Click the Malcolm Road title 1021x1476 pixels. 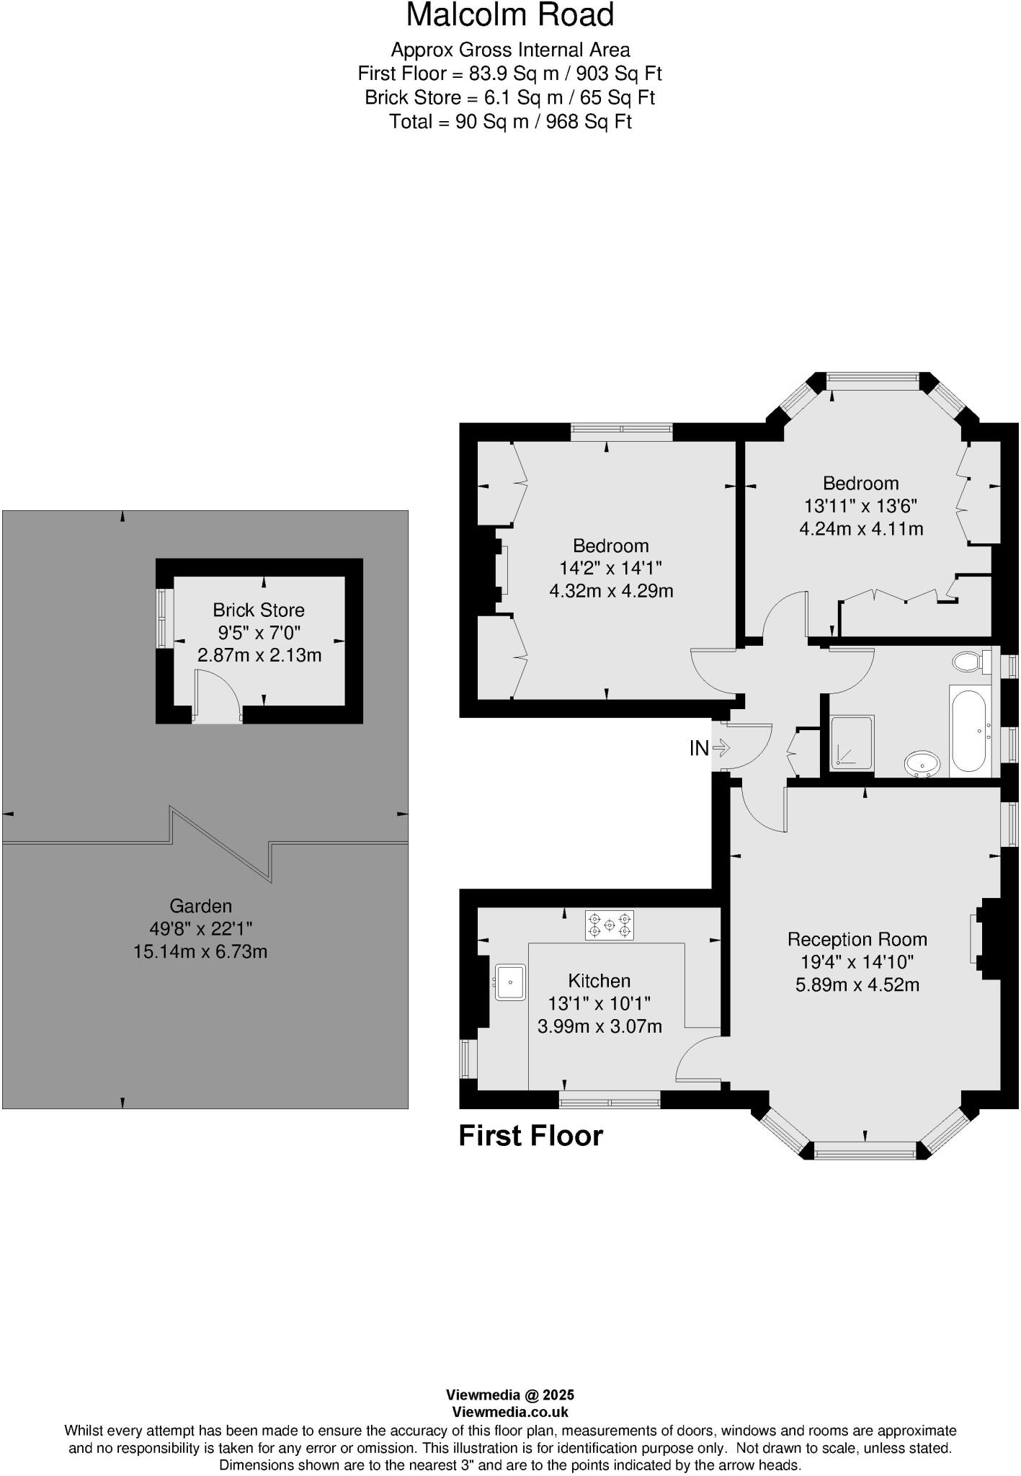[x=510, y=16]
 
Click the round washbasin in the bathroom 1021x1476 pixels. [x=922, y=763]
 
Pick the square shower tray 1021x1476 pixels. [x=852, y=742]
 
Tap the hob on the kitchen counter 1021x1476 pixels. [x=610, y=925]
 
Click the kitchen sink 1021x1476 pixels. [x=510, y=982]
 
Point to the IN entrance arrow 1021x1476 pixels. [x=721, y=749]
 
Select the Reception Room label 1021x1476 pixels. [x=857, y=939]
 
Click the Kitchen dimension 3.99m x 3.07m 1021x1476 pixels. [x=599, y=1026]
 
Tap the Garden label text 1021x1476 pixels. [x=200, y=906]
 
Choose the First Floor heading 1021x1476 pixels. [x=530, y=1136]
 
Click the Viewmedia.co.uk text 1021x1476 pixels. [x=510, y=1412]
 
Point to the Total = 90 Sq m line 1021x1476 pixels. [x=510, y=122]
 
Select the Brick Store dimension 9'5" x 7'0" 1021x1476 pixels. [x=259, y=633]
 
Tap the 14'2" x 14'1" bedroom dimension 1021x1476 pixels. [x=610, y=568]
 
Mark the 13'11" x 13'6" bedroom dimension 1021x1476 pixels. [x=860, y=506]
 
